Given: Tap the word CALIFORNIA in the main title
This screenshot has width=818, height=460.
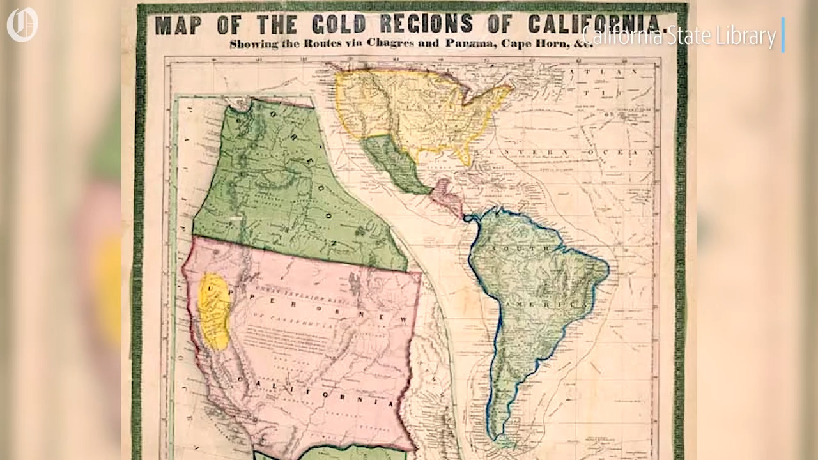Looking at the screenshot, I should click(594, 24).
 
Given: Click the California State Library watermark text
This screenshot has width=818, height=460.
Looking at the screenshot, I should click(679, 36).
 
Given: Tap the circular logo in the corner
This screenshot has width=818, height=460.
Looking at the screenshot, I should click(22, 24).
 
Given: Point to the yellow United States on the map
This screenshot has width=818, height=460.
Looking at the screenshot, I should click(415, 109).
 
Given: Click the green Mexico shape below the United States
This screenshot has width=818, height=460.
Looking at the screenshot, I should click(393, 163).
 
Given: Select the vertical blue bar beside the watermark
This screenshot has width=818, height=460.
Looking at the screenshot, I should click(783, 35).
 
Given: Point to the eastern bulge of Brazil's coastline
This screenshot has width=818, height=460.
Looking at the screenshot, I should click(604, 268).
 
